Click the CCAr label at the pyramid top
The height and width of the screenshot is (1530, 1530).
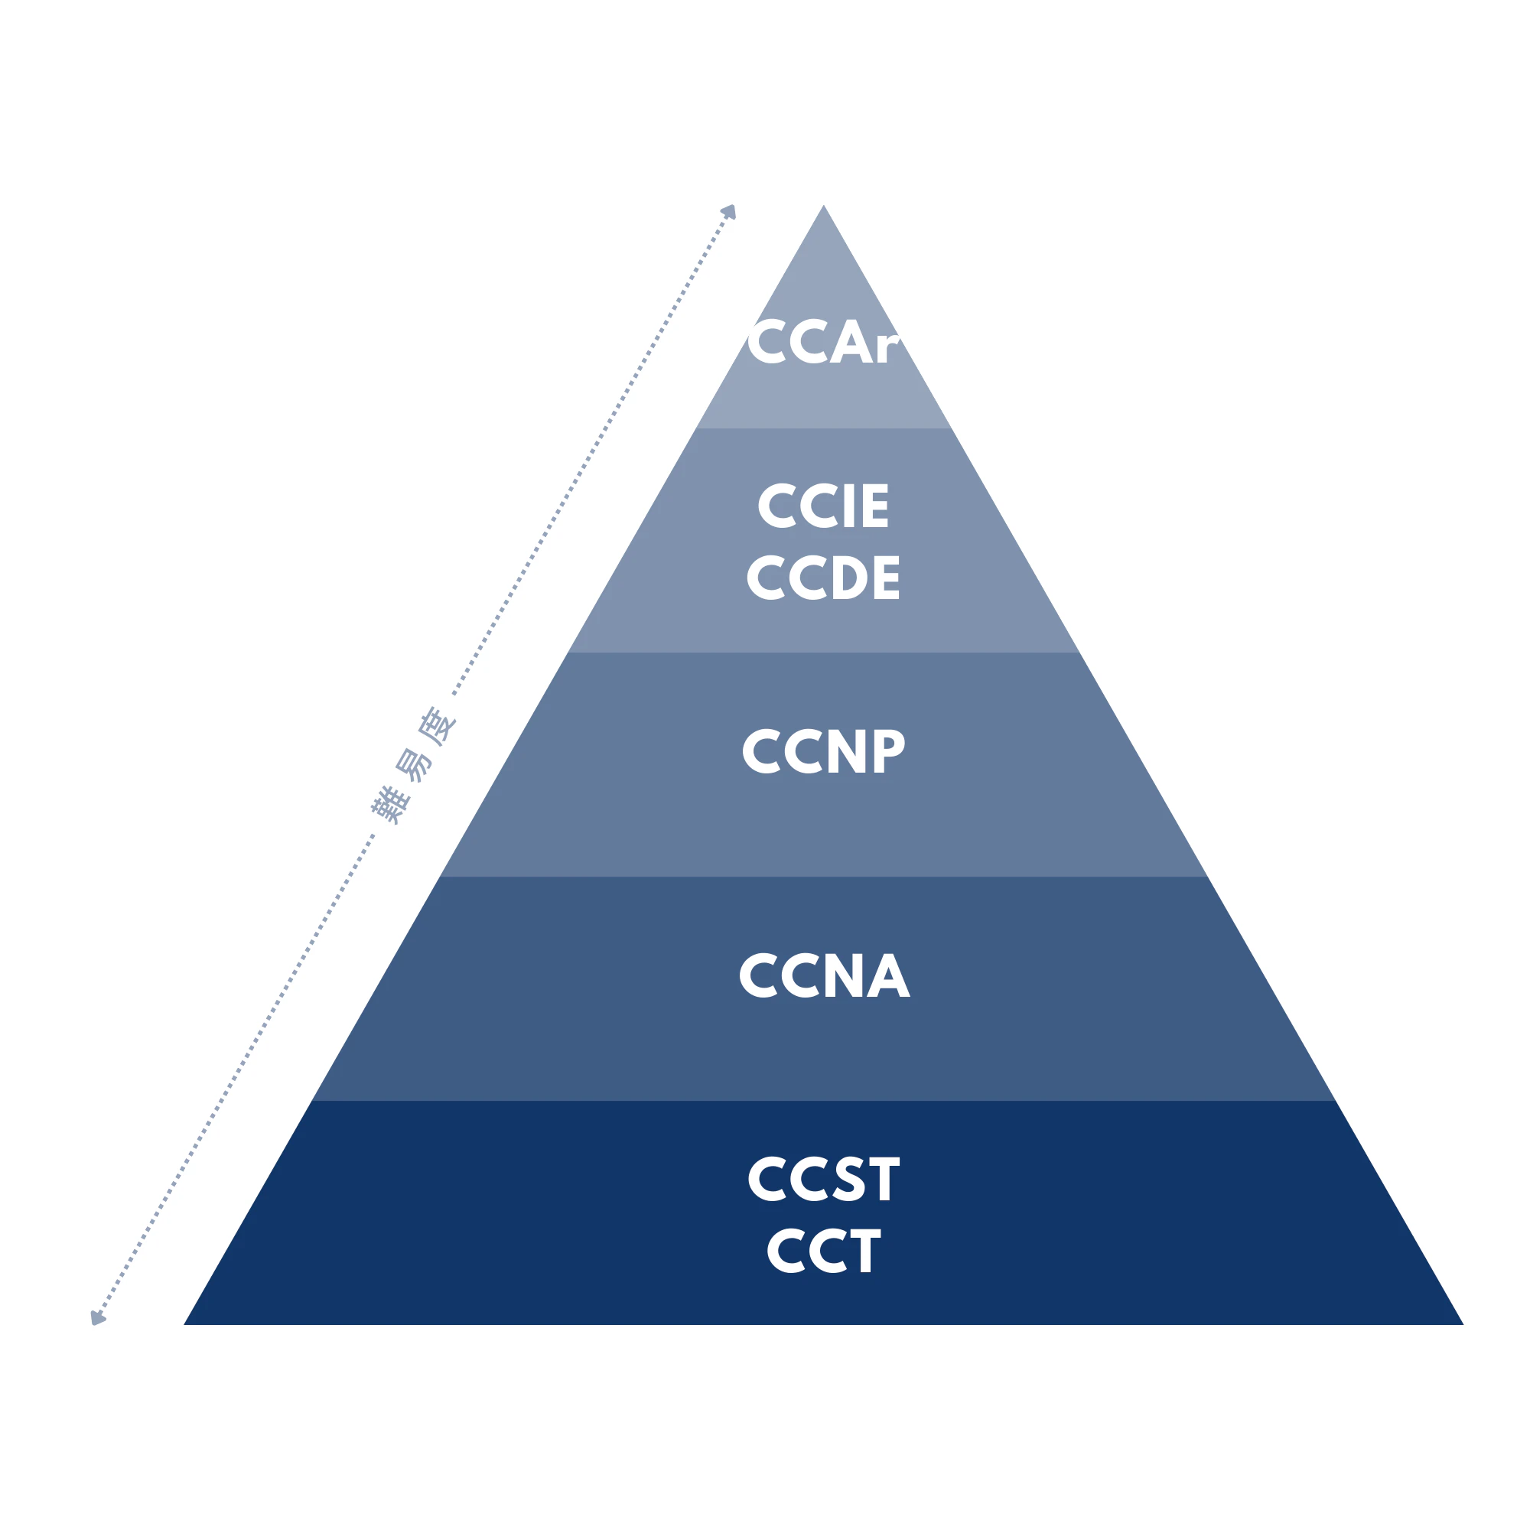click(x=824, y=342)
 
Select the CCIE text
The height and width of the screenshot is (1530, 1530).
click(x=823, y=505)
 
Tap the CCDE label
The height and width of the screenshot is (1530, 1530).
click(x=823, y=577)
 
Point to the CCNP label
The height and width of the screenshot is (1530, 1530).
click(x=824, y=750)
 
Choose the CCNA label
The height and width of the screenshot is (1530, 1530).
click(x=825, y=975)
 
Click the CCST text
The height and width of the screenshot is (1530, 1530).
click(x=824, y=1178)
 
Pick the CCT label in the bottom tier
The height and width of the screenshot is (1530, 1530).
click(x=824, y=1251)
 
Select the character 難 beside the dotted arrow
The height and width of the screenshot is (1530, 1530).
click(x=390, y=805)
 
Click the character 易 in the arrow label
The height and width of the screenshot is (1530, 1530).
click(x=413, y=765)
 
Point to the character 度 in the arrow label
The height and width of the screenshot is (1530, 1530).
click(x=438, y=725)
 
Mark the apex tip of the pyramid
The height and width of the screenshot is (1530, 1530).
click(x=824, y=205)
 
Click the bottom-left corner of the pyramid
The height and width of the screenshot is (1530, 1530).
click(x=184, y=1324)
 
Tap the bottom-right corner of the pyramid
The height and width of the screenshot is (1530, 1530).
click(x=1463, y=1324)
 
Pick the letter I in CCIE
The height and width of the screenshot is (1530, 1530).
click(x=850, y=505)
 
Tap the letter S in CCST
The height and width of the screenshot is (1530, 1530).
click(x=850, y=1178)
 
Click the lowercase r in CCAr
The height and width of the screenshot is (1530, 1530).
click(x=890, y=348)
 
